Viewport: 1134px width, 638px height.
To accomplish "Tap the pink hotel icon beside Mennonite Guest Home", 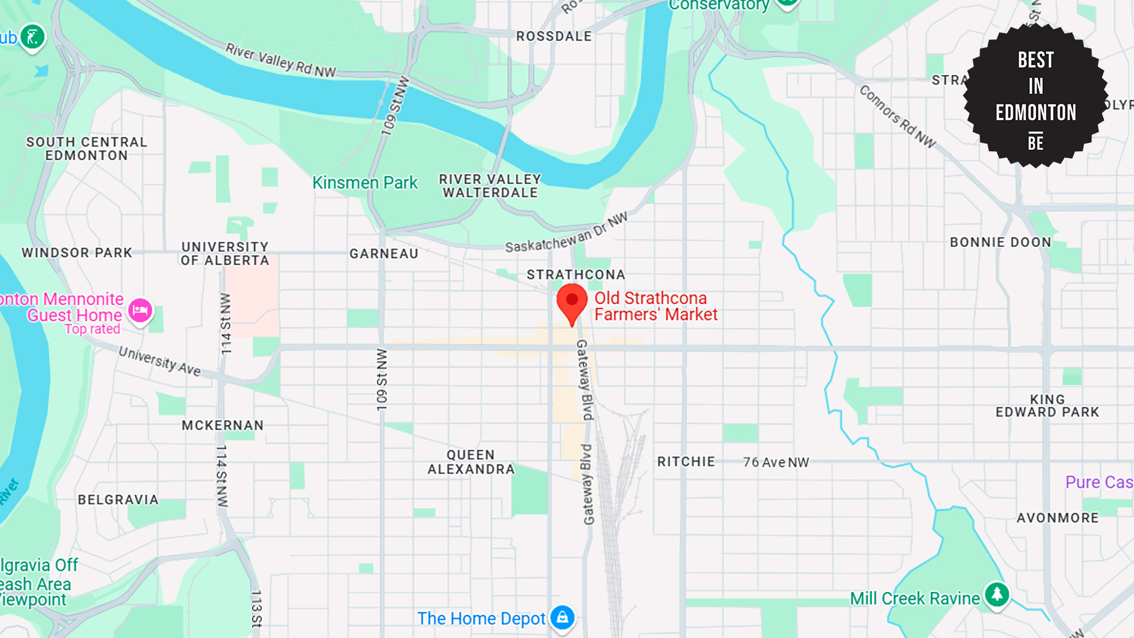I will coord(140,310).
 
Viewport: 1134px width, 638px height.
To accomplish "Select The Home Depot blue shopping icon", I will coord(562,618).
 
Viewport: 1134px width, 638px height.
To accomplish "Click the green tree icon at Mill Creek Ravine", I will coord(997,594).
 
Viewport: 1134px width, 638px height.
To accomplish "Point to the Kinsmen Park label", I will coord(364,183).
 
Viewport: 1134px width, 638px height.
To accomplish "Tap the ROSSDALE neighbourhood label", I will coord(553,37).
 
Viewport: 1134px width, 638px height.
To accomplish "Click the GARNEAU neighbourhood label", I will coord(384,254).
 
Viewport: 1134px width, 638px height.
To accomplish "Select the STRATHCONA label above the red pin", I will coord(576,275).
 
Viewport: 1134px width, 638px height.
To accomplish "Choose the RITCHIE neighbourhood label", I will coord(686,461).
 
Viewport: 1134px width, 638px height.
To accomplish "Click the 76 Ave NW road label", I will coord(776,463).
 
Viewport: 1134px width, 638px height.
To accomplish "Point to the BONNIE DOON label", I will coord(1001,242).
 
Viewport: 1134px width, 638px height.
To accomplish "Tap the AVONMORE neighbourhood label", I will coord(1057,518).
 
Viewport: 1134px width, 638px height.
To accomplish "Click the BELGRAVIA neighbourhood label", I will coord(118,500).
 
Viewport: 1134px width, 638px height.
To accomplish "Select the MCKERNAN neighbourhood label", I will coord(223,425).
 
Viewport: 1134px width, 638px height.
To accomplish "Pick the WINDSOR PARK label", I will coord(77,253).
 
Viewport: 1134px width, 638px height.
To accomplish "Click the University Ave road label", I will coord(159,361).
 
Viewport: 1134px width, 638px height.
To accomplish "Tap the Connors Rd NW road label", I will coord(897,116).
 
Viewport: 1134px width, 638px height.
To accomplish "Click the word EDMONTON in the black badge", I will coord(1036,112).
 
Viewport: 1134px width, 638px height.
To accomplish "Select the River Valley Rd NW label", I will coord(281,61).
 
